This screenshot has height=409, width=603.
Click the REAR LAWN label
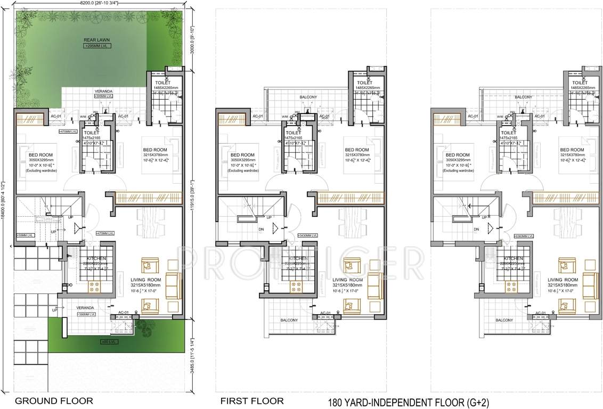(x=93, y=40)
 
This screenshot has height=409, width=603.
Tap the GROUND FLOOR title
(x=54, y=400)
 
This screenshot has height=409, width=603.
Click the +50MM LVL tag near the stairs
(x=25, y=234)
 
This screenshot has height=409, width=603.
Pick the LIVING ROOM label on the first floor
(x=347, y=280)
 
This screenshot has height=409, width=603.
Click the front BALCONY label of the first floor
(x=289, y=320)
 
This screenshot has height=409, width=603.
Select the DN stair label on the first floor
(x=262, y=230)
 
